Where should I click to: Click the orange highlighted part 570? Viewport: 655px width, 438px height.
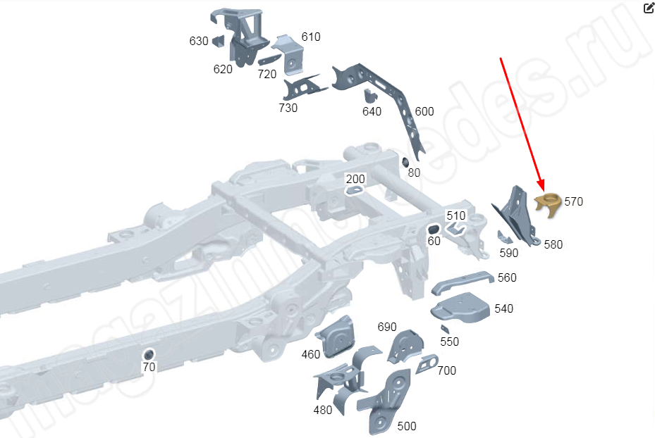coord(547,204)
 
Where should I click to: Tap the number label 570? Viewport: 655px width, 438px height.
coord(573,201)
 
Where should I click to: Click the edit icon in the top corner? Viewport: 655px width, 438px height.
coord(649,8)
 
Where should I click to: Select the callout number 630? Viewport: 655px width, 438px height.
coord(199,41)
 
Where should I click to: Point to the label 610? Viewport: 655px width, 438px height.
coord(310,37)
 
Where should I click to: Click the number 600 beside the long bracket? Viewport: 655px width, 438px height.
coord(424,111)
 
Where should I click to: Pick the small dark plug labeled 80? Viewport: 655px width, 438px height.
coord(406,163)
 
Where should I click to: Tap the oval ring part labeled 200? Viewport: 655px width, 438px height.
coord(355,189)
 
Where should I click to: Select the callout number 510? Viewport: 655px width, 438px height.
coord(456,215)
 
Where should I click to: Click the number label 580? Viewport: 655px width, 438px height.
coord(553,244)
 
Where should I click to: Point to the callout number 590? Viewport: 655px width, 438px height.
coord(508,252)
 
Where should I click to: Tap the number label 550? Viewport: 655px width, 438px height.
coord(449,342)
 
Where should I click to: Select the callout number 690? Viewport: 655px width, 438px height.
coord(387,327)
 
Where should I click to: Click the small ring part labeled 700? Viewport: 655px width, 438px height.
coord(427,363)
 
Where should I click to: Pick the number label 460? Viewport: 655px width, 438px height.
coord(311,354)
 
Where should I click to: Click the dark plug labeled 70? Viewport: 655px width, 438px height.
coord(149,353)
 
